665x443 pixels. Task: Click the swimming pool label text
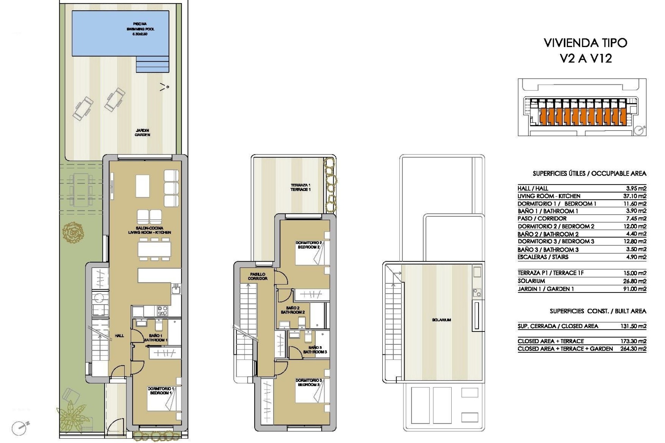click(x=140, y=29)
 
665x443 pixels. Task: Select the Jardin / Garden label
click(x=142, y=133)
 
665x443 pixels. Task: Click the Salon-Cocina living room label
click(x=150, y=230)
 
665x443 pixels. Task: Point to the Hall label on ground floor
click(x=119, y=335)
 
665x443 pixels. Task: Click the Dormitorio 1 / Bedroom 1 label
click(x=161, y=391)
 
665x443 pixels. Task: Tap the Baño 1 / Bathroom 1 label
click(x=156, y=338)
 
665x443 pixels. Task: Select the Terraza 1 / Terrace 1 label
click(x=300, y=187)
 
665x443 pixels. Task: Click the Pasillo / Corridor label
click(x=258, y=276)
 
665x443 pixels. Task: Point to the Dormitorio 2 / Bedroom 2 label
click(x=309, y=245)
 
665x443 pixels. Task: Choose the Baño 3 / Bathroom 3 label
click(x=315, y=350)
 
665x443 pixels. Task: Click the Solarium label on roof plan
click(x=441, y=320)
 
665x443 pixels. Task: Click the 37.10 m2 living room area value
click(x=635, y=196)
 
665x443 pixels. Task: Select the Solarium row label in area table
click(x=531, y=281)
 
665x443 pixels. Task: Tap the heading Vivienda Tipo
click(x=585, y=43)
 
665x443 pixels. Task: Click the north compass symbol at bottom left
click(x=19, y=428)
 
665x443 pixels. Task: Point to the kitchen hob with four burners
click(x=162, y=311)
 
